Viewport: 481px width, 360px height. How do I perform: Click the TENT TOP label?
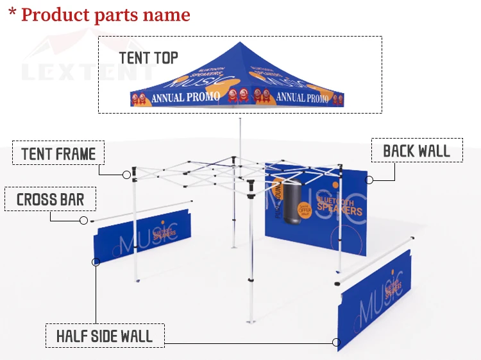tap(148, 58)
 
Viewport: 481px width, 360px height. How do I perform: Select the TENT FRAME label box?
tap(58, 154)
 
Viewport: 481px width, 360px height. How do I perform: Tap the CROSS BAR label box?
tap(50, 200)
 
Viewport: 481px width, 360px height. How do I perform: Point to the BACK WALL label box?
tap(416, 151)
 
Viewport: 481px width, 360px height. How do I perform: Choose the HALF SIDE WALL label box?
tap(105, 336)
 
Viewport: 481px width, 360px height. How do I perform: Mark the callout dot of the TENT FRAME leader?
tap(126, 174)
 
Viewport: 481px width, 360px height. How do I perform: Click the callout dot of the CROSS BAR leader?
tap(83, 221)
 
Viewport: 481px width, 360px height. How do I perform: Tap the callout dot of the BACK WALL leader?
tap(370, 180)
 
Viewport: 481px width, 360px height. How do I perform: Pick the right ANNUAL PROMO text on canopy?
tap(301, 98)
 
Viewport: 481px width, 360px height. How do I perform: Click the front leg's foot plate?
tap(251, 323)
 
